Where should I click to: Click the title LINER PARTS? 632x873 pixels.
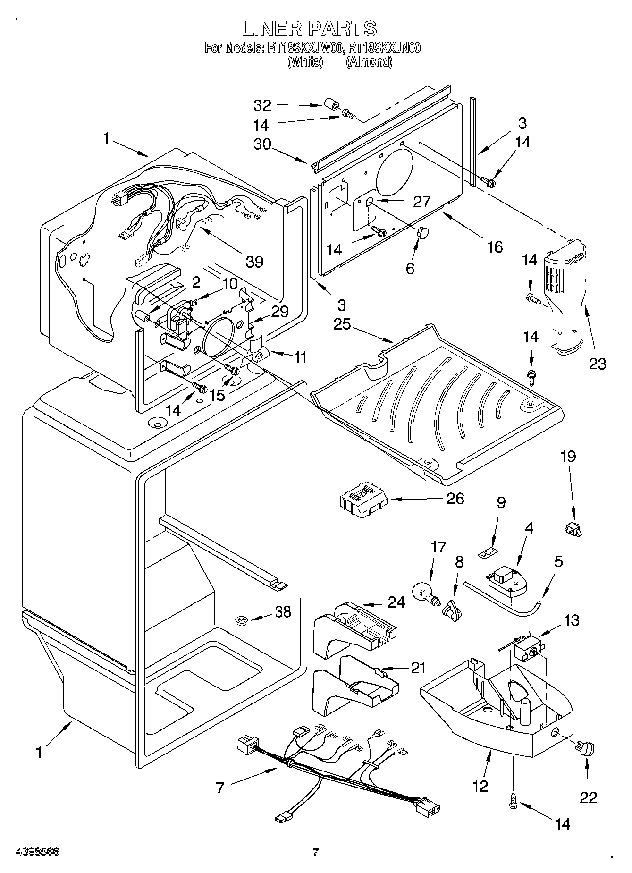coord(310,28)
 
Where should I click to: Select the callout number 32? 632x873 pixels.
coord(262,105)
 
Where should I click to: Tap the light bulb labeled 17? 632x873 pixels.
coord(426,593)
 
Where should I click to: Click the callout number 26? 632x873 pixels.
coord(455,498)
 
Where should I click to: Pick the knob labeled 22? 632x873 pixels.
coord(585,749)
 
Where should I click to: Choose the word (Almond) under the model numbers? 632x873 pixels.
coord(369,62)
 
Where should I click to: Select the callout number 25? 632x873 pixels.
coord(341,325)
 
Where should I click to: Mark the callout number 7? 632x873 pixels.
coord(220,788)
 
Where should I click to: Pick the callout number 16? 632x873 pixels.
coord(494,246)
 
